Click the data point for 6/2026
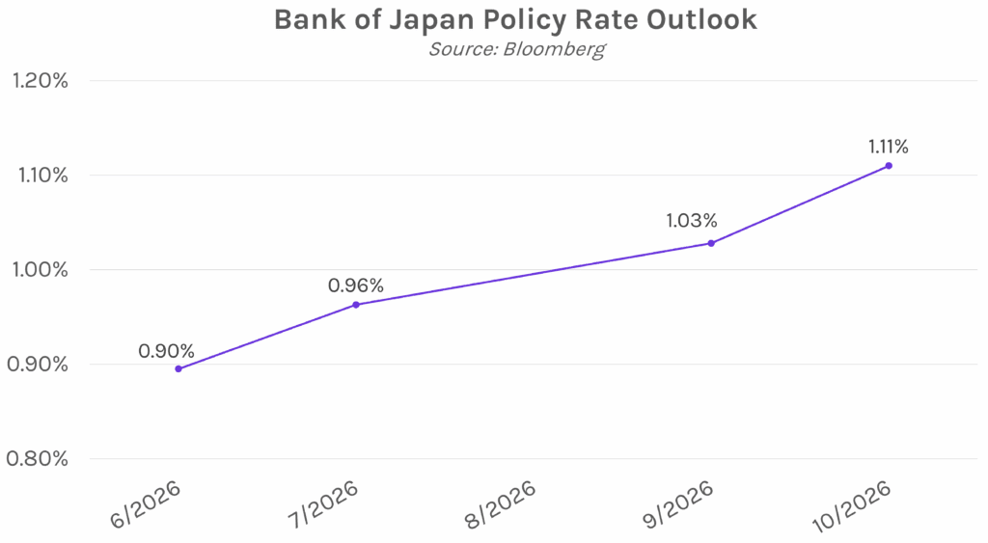[x=178, y=368]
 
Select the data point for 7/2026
[x=356, y=305]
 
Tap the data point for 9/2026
[x=711, y=243]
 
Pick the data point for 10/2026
[x=889, y=166]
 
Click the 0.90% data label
[x=167, y=351]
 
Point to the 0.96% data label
[x=356, y=285]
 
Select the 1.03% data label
[x=694, y=221]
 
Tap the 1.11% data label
[x=889, y=148]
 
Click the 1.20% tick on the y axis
[x=40, y=81]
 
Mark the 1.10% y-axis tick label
[x=40, y=176]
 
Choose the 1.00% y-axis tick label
[x=40, y=270]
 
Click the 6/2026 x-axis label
[x=147, y=503]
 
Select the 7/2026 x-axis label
[x=323, y=503]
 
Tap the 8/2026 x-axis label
[x=501, y=503]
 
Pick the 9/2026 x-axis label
[x=678, y=503]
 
